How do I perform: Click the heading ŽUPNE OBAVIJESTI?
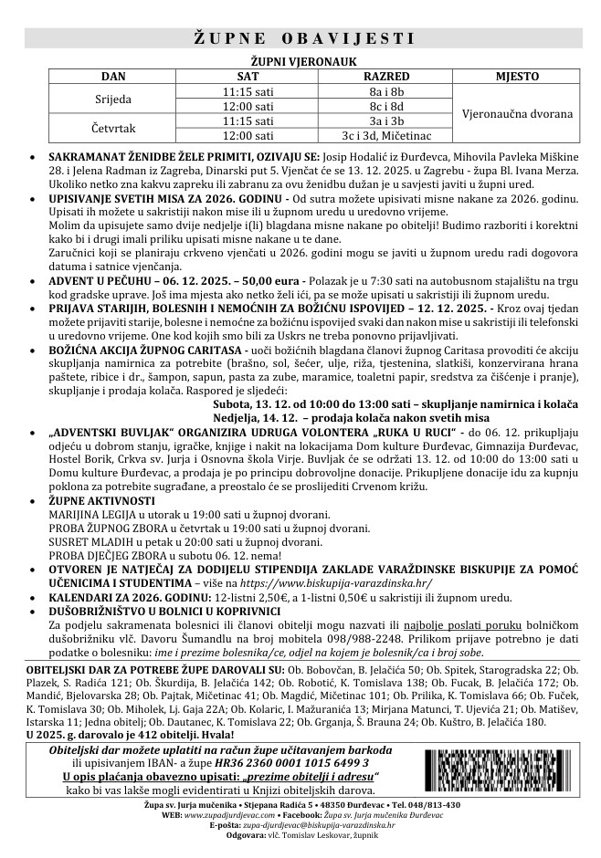click(x=303, y=38)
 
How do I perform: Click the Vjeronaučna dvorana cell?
click(x=518, y=113)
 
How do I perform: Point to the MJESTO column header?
click(x=517, y=77)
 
